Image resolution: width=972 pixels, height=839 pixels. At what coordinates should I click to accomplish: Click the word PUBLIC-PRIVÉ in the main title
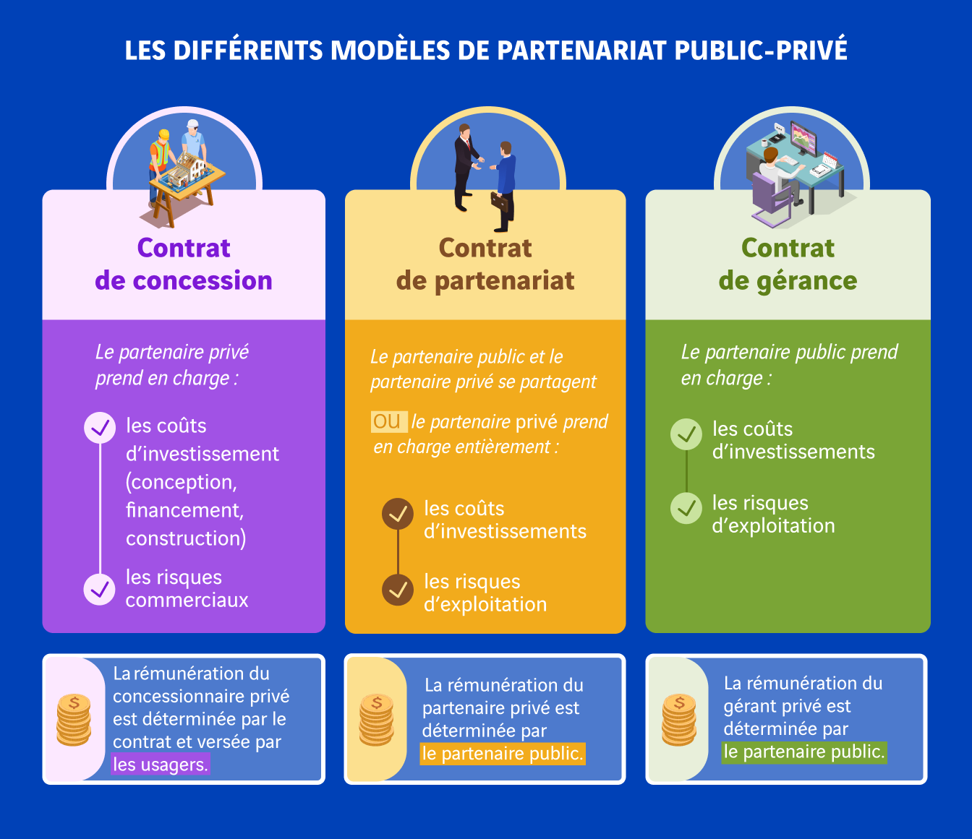[760, 50]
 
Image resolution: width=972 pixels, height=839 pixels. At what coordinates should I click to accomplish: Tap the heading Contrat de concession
[184, 264]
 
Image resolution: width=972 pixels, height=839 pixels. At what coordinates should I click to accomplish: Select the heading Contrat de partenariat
[485, 264]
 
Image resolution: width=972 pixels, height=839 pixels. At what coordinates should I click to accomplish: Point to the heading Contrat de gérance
[788, 264]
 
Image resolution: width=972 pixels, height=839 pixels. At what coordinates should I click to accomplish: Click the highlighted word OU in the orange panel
[388, 421]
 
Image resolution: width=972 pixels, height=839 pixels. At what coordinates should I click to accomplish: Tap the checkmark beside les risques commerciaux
[100, 589]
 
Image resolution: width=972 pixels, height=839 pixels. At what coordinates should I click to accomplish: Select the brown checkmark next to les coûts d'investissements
[398, 514]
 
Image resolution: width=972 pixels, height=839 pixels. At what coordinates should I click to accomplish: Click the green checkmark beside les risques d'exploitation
[686, 508]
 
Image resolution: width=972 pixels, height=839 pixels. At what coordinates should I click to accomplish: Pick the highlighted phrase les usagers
[161, 765]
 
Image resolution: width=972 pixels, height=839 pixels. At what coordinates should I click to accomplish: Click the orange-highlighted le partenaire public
[503, 754]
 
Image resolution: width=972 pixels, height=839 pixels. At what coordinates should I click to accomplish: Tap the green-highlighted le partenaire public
[805, 752]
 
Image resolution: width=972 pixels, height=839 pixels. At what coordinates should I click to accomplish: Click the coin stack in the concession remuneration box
[74, 720]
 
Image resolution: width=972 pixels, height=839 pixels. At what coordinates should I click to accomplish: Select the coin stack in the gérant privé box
[679, 720]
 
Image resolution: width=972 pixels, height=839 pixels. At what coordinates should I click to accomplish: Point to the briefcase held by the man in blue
[500, 202]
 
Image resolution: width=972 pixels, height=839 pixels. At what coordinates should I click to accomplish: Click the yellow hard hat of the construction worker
[163, 134]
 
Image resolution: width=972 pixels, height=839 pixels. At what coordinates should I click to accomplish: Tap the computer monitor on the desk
[803, 137]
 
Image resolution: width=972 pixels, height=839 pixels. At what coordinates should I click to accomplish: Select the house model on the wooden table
[188, 169]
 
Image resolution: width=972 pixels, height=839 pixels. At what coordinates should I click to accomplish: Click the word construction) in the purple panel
[186, 538]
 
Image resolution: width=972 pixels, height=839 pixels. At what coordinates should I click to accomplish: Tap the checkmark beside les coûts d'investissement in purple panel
[100, 428]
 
